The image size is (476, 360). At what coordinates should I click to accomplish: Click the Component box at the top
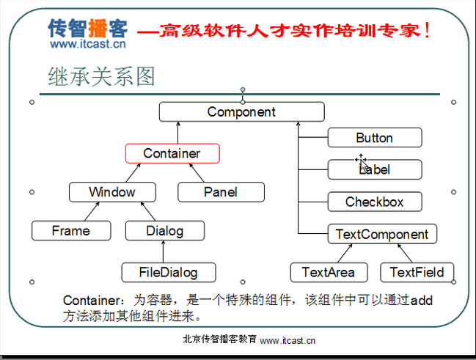(241, 112)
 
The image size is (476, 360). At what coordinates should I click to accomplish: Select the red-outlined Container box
(172, 153)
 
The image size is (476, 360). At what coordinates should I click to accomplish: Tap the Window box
(112, 192)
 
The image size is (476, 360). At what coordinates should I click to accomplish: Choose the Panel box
(221, 192)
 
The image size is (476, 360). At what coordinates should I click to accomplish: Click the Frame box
(71, 231)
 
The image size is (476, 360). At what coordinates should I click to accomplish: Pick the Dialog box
(164, 231)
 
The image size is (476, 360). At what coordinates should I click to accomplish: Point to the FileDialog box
(169, 273)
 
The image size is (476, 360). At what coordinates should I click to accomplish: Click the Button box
(374, 138)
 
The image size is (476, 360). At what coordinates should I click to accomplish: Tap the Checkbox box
(374, 202)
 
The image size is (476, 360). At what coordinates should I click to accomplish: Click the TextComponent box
(381, 235)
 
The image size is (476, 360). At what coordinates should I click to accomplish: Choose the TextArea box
(328, 272)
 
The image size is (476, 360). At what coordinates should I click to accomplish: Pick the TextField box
(417, 272)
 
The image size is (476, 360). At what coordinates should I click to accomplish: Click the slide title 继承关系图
(102, 76)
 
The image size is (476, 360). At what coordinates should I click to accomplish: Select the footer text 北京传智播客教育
(219, 339)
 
